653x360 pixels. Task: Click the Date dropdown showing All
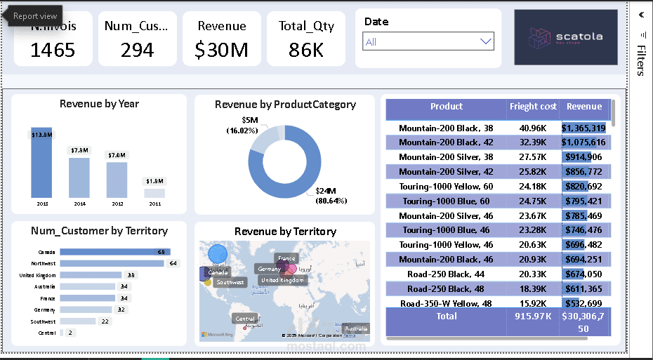click(x=428, y=41)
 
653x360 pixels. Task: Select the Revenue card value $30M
click(x=221, y=50)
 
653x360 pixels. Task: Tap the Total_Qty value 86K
click(x=306, y=50)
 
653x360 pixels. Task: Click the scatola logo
click(x=565, y=37)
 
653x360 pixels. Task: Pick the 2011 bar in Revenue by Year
click(x=154, y=193)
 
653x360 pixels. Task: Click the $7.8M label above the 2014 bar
click(x=79, y=150)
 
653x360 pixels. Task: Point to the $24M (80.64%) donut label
click(x=331, y=196)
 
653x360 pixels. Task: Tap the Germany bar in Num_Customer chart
click(x=86, y=309)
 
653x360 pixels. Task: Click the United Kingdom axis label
click(x=37, y=275)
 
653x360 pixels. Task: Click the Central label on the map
click(x=245, y=319)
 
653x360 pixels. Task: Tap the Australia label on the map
click(x=355, y=328)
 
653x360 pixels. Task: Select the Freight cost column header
click(x=533, y=107)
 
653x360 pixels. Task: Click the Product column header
click(x=447, y=107)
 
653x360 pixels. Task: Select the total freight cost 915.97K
click(x=533, y=316)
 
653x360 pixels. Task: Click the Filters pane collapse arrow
click(x=641, y=14)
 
